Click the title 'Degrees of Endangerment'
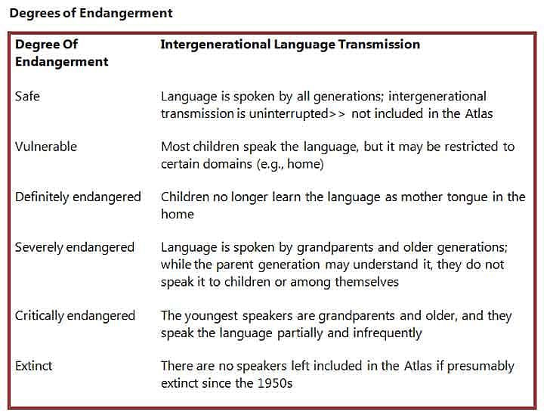91,14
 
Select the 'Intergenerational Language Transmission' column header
290,45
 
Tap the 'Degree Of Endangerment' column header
62,53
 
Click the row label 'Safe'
27,96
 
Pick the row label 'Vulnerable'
46,147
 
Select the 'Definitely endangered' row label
78,197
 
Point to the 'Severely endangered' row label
74,248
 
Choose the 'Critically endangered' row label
75,316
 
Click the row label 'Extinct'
34,366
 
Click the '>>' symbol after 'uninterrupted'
337,114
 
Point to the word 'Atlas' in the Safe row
479,113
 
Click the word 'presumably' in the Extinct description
480,367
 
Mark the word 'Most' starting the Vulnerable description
175,147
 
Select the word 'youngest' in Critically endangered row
212,316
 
